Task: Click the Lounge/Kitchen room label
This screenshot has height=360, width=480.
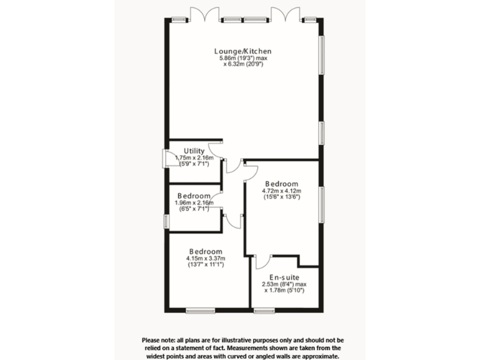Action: [x=242, y=51]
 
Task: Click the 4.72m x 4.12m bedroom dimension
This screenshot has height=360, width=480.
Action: [x=281, y=191]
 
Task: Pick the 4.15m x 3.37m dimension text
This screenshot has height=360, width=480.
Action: [x=206, y=258]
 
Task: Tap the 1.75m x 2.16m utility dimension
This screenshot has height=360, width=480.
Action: [x=194, y=157]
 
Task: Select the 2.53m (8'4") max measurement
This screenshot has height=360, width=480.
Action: [x=283, y=284]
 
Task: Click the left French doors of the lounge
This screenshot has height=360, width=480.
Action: [x=206, y=14]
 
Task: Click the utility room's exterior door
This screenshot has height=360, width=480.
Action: [x=165, y=158]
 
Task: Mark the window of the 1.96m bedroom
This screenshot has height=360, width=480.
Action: [x=166, y=221]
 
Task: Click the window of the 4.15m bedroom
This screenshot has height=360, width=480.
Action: [x=201, y=309]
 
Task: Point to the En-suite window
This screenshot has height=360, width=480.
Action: [x=265, y=309]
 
